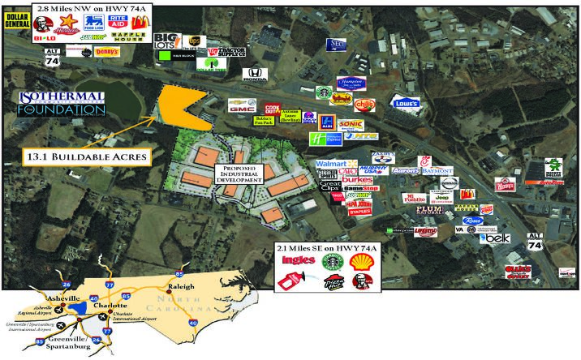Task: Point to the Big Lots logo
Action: click(x=166, y=41)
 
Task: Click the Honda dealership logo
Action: click(x=254, y=77)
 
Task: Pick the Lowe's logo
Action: click(x=407, y=103)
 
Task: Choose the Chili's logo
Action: click(x=366, y=104)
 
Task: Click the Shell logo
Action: click(x=360, y=261)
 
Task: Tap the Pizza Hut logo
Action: click(x=330, y=284)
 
